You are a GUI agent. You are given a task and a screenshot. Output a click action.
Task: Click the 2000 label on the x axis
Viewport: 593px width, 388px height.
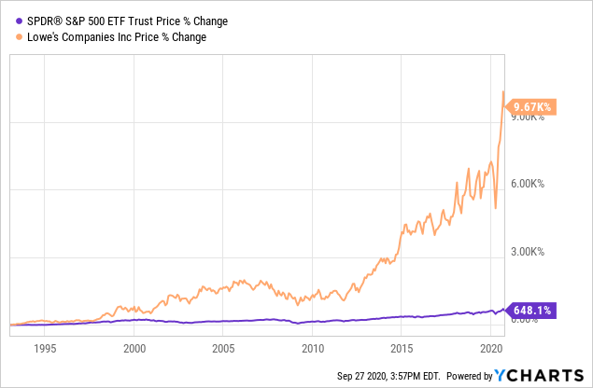click(x=134, y=349)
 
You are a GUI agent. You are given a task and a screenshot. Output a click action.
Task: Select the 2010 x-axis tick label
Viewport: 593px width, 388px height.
click(x=312, y=349)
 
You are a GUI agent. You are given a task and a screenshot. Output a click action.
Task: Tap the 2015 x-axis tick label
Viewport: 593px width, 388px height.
click(x=401, y=349)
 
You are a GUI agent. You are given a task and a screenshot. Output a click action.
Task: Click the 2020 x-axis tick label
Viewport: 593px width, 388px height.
click(x=489, y=349)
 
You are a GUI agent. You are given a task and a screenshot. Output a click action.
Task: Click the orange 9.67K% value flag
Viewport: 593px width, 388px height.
click(x=532, y=108)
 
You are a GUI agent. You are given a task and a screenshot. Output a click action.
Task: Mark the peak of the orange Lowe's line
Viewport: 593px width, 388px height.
click(x=503, y=91)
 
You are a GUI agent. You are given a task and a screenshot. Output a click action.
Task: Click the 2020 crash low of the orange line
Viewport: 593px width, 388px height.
click(x=495, y=208)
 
